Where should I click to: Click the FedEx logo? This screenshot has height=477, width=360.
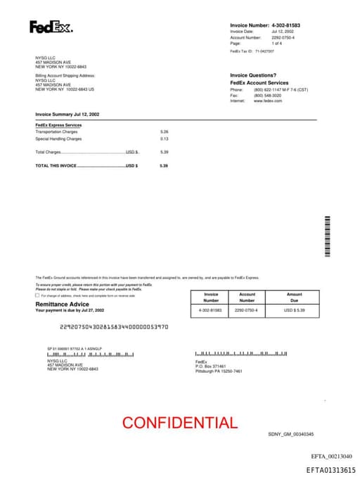[x=51, y=27]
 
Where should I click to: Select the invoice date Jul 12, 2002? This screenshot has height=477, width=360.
[x=283, y=32]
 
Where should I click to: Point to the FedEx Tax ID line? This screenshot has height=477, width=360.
[x=252, y=51]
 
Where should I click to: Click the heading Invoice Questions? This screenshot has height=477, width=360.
[x=253, y=75]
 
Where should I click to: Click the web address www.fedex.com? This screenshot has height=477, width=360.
[x=268, y=101]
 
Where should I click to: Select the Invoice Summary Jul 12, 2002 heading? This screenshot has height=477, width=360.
[x=67, y=113]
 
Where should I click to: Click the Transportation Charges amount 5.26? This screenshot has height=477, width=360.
[x=165, y=132]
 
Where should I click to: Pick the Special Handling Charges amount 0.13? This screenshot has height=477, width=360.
[x=165, y=139]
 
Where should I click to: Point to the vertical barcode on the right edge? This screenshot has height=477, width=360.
[x=326, y=237]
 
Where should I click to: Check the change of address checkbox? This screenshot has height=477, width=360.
[x=37, y=295]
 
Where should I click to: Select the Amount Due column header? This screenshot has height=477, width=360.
[x=294, y=297]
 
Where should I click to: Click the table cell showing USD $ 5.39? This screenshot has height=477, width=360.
[x=294, y=310]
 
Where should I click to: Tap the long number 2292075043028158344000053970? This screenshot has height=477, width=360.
[x=114, y=326]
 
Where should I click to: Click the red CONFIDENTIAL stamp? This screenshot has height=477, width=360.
[x=179, y=423]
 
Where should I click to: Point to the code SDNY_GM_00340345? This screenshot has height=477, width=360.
[x=291, y=434]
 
